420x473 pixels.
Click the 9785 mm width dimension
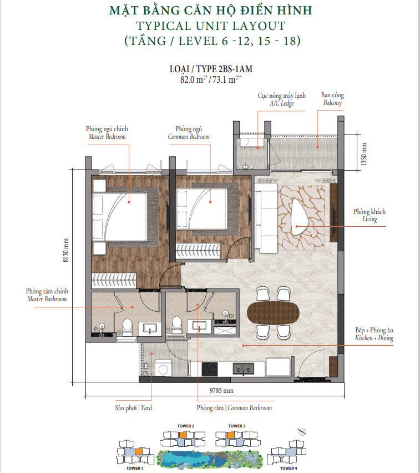[x=221, y=391]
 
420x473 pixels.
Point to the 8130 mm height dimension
[x=66, y=250]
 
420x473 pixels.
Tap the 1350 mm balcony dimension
[x=364, y=154]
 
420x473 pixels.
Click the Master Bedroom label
[x=107, y=133]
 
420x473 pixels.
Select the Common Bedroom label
[x=189, y=133]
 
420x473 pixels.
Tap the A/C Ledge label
[x=281, y=99]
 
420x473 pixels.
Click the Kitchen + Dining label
[x=375, y=334]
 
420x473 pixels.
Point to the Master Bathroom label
[x=47, y=295]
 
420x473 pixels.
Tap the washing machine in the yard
[x=164, y=368]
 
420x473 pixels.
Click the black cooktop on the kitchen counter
[x=210, y=369]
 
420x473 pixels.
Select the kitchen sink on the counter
[x=243, y=369]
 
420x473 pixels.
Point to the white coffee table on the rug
[x=300, y=217]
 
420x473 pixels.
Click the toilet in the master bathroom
[x=128, y=327]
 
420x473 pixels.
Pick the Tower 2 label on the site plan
[x=186, y=426]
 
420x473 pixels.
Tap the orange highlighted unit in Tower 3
[x=231, y=435]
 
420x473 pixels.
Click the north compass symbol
[x=302, y=432]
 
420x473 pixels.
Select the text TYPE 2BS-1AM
[x=224, y=69]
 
